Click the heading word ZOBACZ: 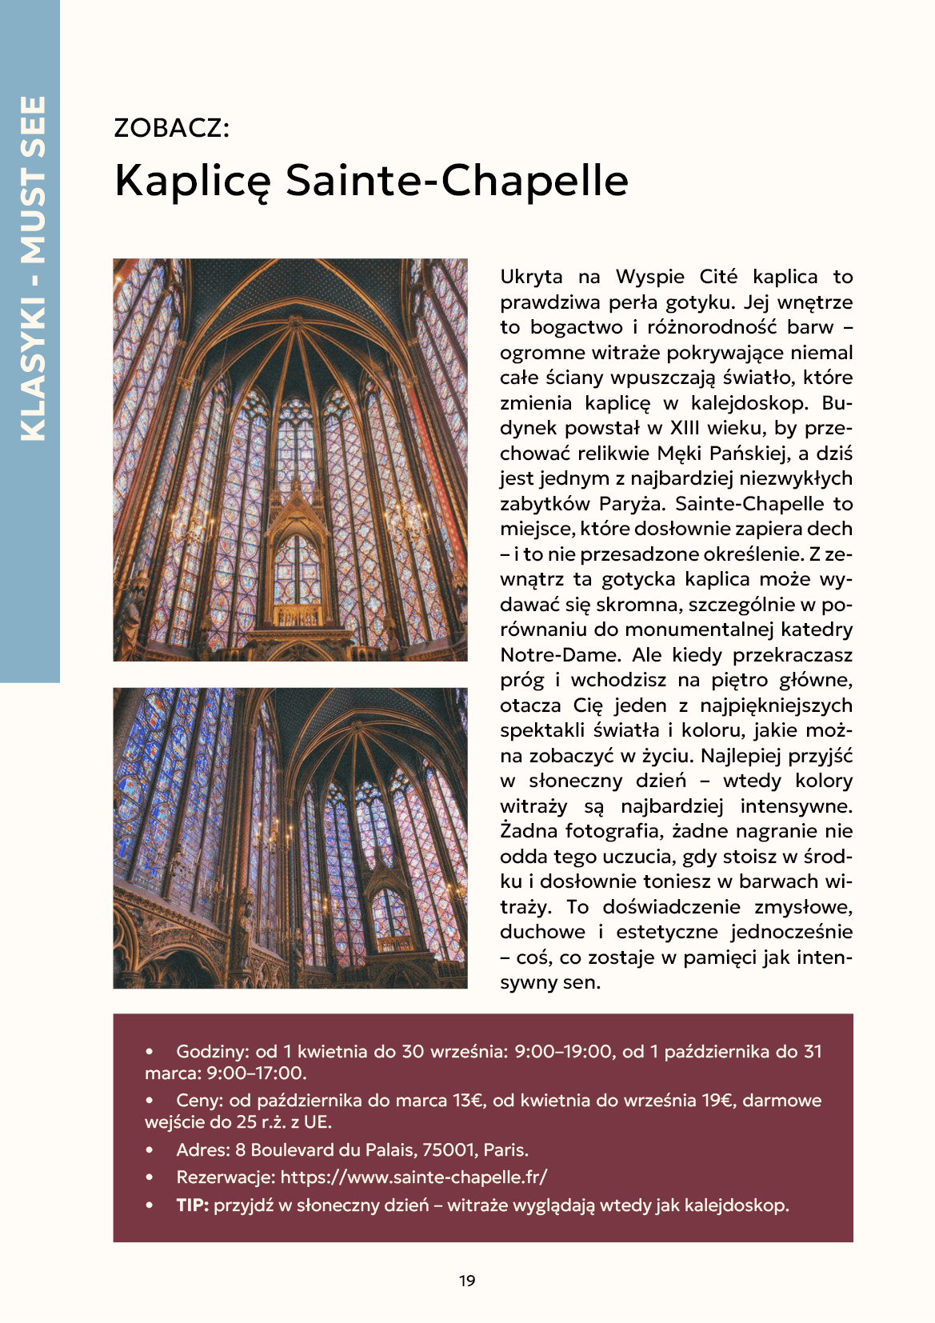[x=172, y=128]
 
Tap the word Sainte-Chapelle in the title [x=457, y=180]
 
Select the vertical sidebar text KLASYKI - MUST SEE [x=33, y=268]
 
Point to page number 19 [x=467, y=1281]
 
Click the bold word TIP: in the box [x=193, y=1205]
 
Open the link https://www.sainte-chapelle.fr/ [x=414, y=1177]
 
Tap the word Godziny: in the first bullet [x=213, y=1051]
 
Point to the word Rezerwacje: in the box [x=226, y=1177]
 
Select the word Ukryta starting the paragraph [x=531, y=277]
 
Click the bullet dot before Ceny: [x=150, y=1101]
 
